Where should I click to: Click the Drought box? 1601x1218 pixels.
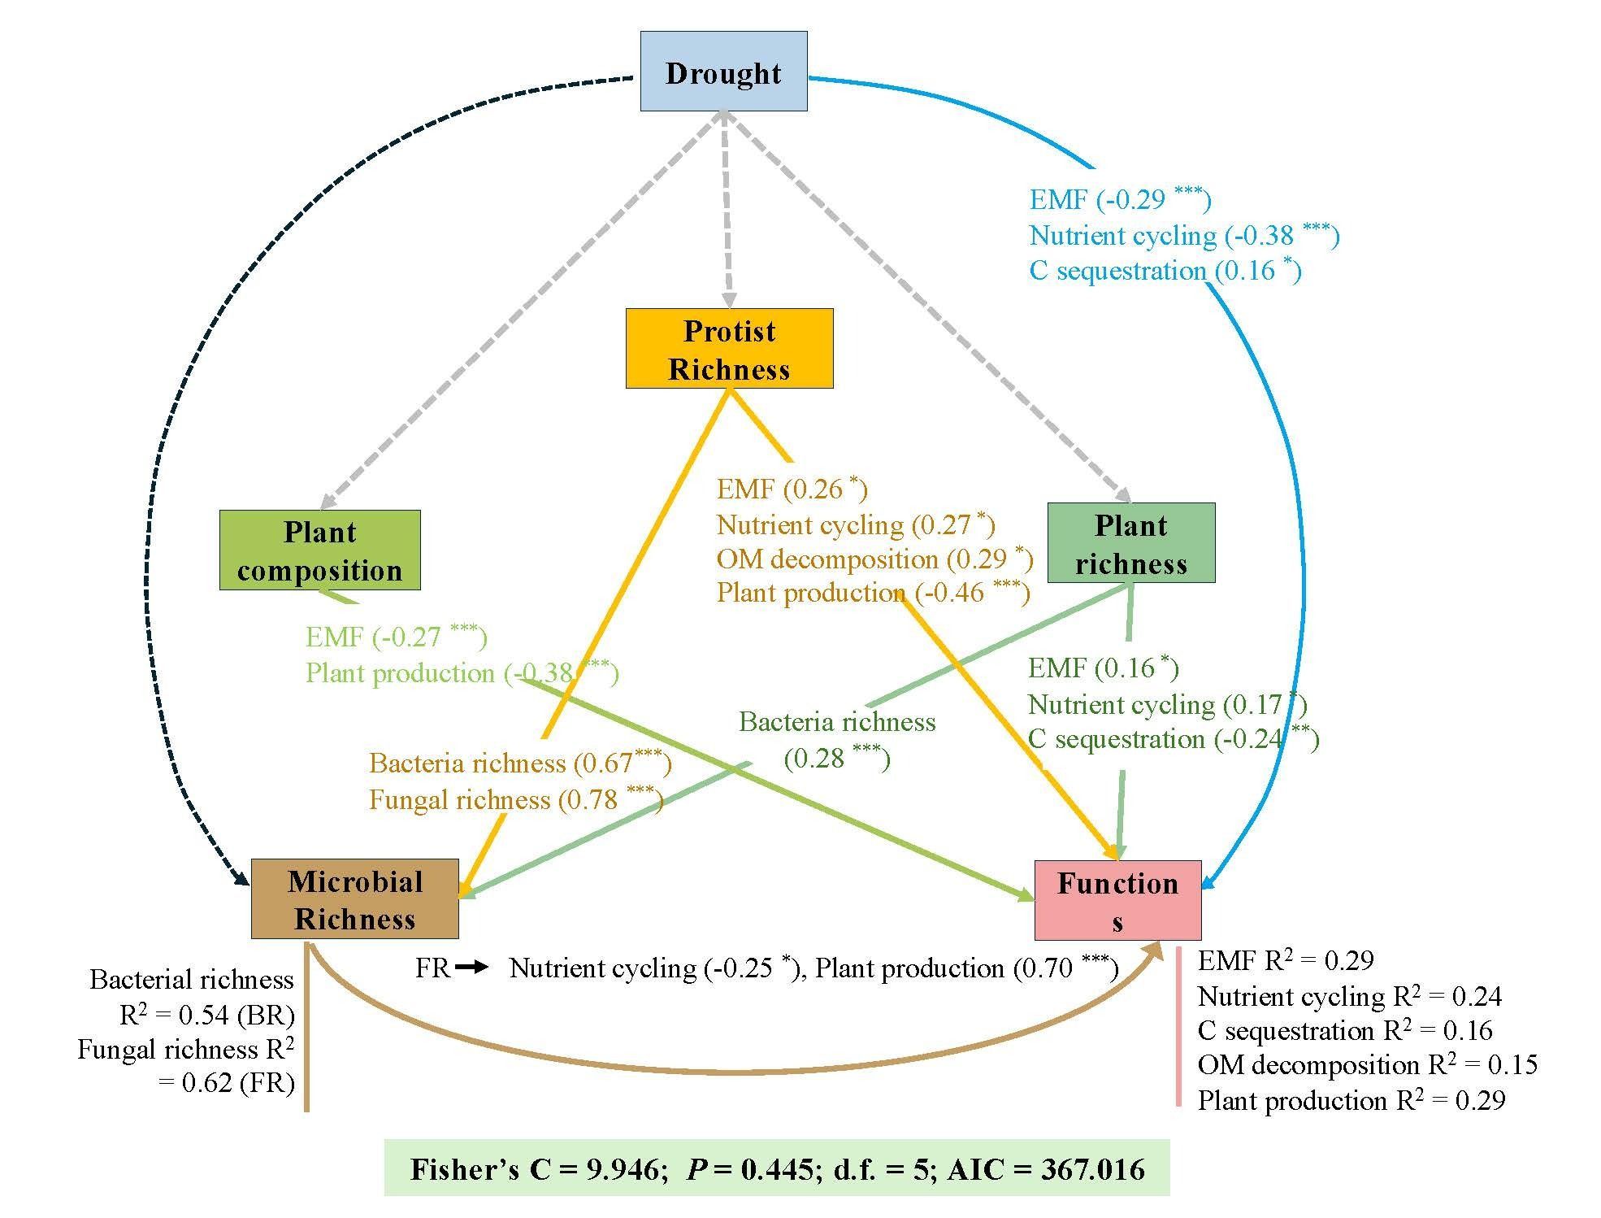723,72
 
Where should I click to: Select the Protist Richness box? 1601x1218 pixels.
729,349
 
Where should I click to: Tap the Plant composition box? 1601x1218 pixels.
319,550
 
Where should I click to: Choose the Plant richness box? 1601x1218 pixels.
1130,543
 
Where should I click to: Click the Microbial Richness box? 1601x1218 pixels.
354,899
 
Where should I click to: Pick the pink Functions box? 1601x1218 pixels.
1117,901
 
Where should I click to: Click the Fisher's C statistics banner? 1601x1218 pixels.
776,1168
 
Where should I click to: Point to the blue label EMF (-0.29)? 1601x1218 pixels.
1120,199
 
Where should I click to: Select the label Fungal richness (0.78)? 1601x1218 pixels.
516,799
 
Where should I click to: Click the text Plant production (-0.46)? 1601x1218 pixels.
873,593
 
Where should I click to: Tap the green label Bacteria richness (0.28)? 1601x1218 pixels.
837,740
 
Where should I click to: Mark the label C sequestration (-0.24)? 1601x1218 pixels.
1173,739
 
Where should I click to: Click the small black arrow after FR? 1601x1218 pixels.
471,968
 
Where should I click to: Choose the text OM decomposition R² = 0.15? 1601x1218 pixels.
1367,1064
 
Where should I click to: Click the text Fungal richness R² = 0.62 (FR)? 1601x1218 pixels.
186,1066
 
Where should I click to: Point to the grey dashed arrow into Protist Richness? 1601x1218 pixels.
726,211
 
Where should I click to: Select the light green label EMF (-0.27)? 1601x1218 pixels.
396,637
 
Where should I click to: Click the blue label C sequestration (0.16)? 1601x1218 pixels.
1165,271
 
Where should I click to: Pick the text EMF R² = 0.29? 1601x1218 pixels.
1285,961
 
